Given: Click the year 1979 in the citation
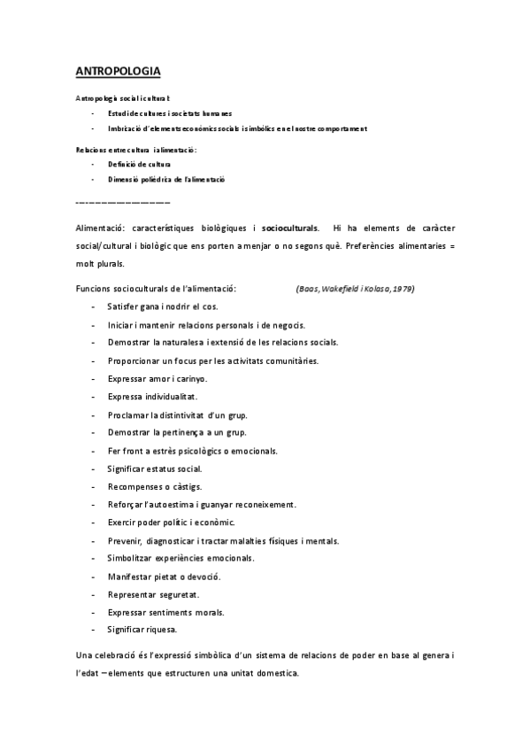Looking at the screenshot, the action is pyautogui.click(x=405, y=289).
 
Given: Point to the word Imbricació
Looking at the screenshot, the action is pyautogui.click(x=124, y=128).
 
